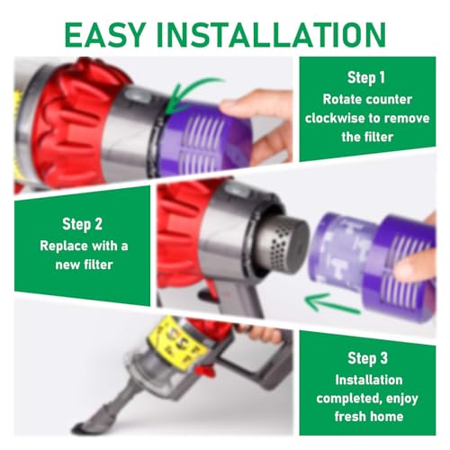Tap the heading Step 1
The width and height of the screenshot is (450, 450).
tap(366, 77)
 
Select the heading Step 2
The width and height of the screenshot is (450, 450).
tap(82, 224)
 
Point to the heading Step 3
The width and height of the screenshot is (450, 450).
tap(367, 358)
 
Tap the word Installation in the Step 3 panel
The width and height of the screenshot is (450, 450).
tap(369, 380)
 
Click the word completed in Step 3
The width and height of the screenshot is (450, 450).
tap(348, 399)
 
